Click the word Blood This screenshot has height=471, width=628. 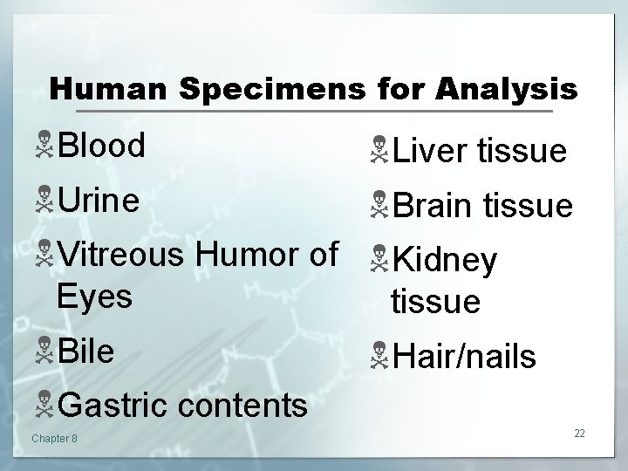[101, 147]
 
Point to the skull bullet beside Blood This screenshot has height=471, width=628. [44, 147]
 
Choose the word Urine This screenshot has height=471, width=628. [98, 201]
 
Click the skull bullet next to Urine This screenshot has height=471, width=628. [44, 201]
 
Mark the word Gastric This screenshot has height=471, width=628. [112, 406]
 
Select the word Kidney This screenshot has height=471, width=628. [444, 260]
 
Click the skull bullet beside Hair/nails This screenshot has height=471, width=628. [378, 356]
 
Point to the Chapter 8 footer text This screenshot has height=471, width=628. [54, 437]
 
